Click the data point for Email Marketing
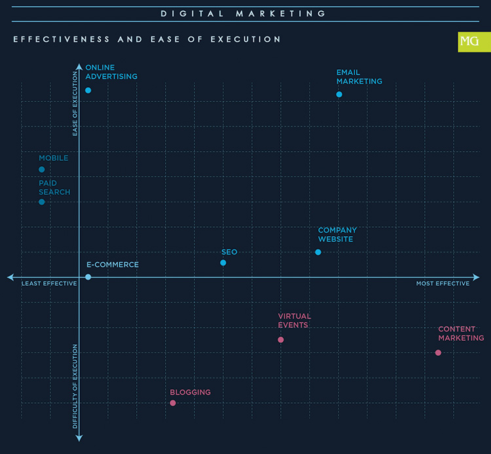click(x=339, y=95)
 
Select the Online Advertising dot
click(x=88, y=90)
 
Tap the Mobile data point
click(x=42, y=169)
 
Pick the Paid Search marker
click(x=42, y=201)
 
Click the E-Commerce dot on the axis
click(x=88, y=277)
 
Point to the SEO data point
click(x=223, y=263)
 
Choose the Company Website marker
click(x=318, y=253)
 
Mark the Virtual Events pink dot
click(x=281, y=340)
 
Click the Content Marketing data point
click(x=438, y=353)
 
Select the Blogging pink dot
click(x=173, y=403)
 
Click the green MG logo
click(x=469, y=42)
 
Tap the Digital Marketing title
click(x=244, y=13)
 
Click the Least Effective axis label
click(x=49, y=284)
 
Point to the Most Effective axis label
click(x=443, y=284)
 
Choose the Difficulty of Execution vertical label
click(x=75, y=387)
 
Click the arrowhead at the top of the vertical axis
click(x=79, y=67)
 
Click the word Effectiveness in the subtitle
click(x=62, y=40)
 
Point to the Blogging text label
click(x=190, y=393)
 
